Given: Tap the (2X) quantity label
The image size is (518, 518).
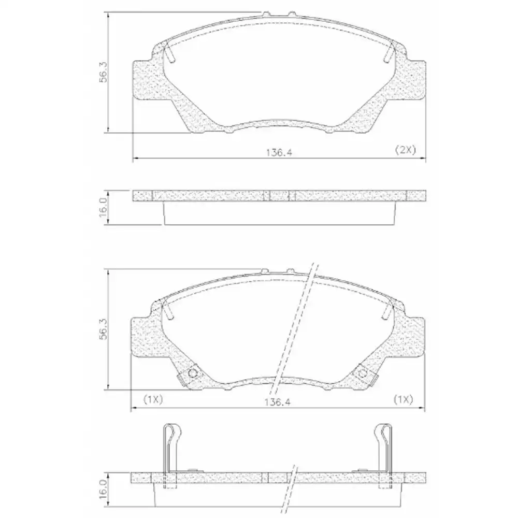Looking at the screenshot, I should [406, 150].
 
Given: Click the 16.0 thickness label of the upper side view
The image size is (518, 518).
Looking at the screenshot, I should [103, 207].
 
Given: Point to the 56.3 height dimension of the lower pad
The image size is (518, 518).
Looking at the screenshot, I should [104, 328].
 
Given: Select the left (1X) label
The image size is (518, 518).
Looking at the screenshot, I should [153, 399].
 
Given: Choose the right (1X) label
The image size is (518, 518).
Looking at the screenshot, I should [402, 399].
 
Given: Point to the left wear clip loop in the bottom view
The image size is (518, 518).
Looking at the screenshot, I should [170, 434].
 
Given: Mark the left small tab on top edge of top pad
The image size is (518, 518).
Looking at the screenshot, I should [266, 12].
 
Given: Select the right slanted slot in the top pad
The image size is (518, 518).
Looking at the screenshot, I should [390, 53].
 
